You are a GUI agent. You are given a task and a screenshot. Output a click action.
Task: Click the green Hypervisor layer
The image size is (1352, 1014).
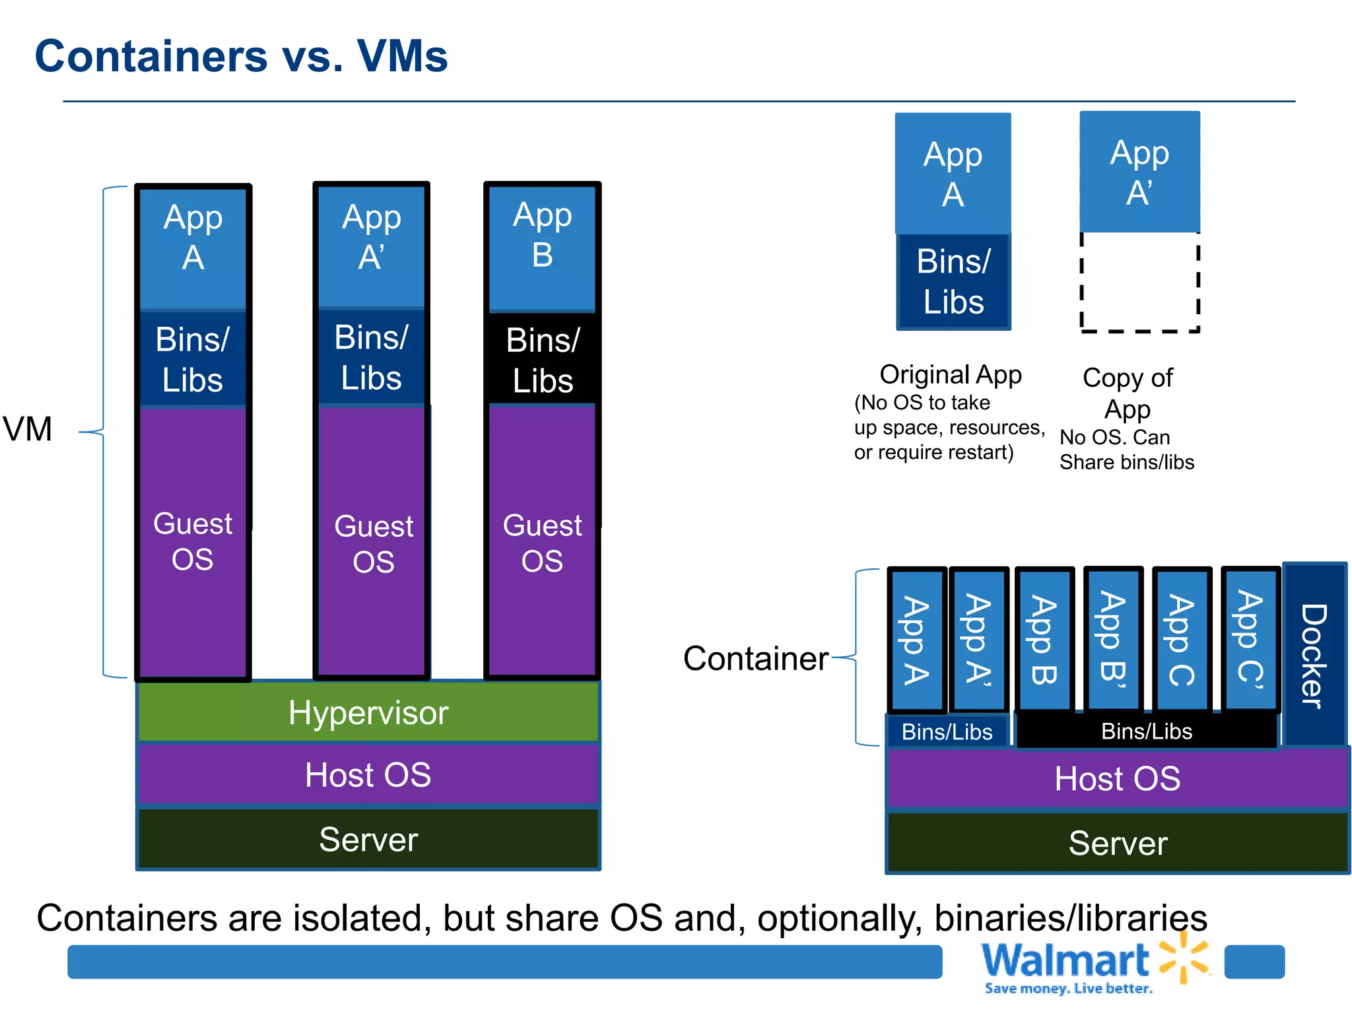coord(368,712)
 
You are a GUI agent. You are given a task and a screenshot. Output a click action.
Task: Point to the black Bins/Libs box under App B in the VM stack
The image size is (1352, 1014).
coord(543,360)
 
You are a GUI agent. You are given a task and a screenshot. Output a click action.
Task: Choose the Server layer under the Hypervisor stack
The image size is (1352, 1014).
coord(368,839)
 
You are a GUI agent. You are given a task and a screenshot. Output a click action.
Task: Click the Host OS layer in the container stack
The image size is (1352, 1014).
coord(1117,778)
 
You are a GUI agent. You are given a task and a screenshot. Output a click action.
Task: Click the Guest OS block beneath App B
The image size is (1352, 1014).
coord(543,541)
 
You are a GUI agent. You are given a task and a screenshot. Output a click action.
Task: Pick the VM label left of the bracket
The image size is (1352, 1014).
coord(28,429)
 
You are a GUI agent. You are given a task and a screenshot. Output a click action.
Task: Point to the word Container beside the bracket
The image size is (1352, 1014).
coord(755,658)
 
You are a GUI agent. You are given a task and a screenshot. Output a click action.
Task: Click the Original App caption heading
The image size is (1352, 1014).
coord(951,374)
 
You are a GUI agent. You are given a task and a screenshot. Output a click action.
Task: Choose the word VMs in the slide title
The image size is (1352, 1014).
coord(402,55)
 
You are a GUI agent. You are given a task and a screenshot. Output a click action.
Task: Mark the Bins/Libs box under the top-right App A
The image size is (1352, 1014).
coord(953,282)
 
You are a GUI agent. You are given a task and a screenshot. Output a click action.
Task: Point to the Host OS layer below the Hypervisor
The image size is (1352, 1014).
coord(368,774)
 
